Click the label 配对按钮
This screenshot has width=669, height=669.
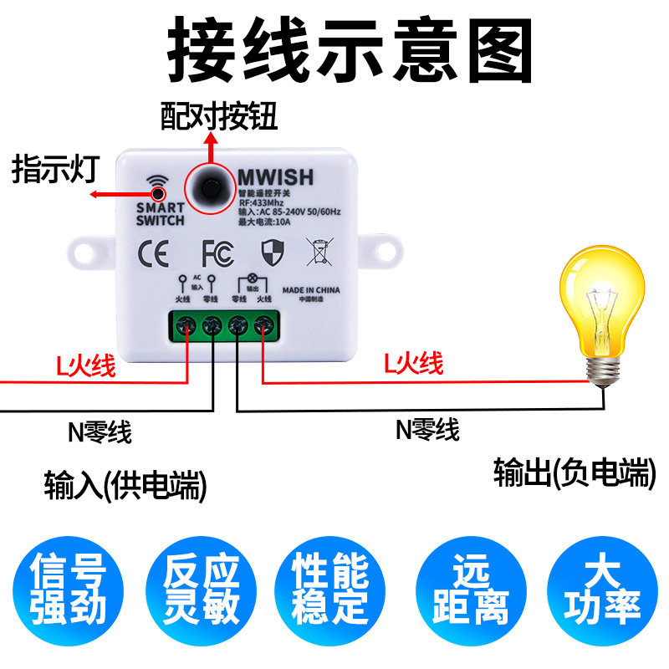click(x=218, y=115)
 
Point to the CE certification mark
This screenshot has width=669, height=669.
click(x=152, y=252)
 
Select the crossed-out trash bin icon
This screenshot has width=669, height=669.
click(x=319, y=251)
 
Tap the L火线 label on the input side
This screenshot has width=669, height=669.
click(x=85, y=365)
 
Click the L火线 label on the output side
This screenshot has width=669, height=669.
click(x=413, y=364)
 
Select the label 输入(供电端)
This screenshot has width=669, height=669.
click(x=125, y=485)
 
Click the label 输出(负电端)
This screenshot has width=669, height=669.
click(x=573, y=473)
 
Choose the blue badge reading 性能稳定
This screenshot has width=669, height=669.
click(x=330, y=590)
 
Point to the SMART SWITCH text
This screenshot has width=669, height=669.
click(x=160, y=214)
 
